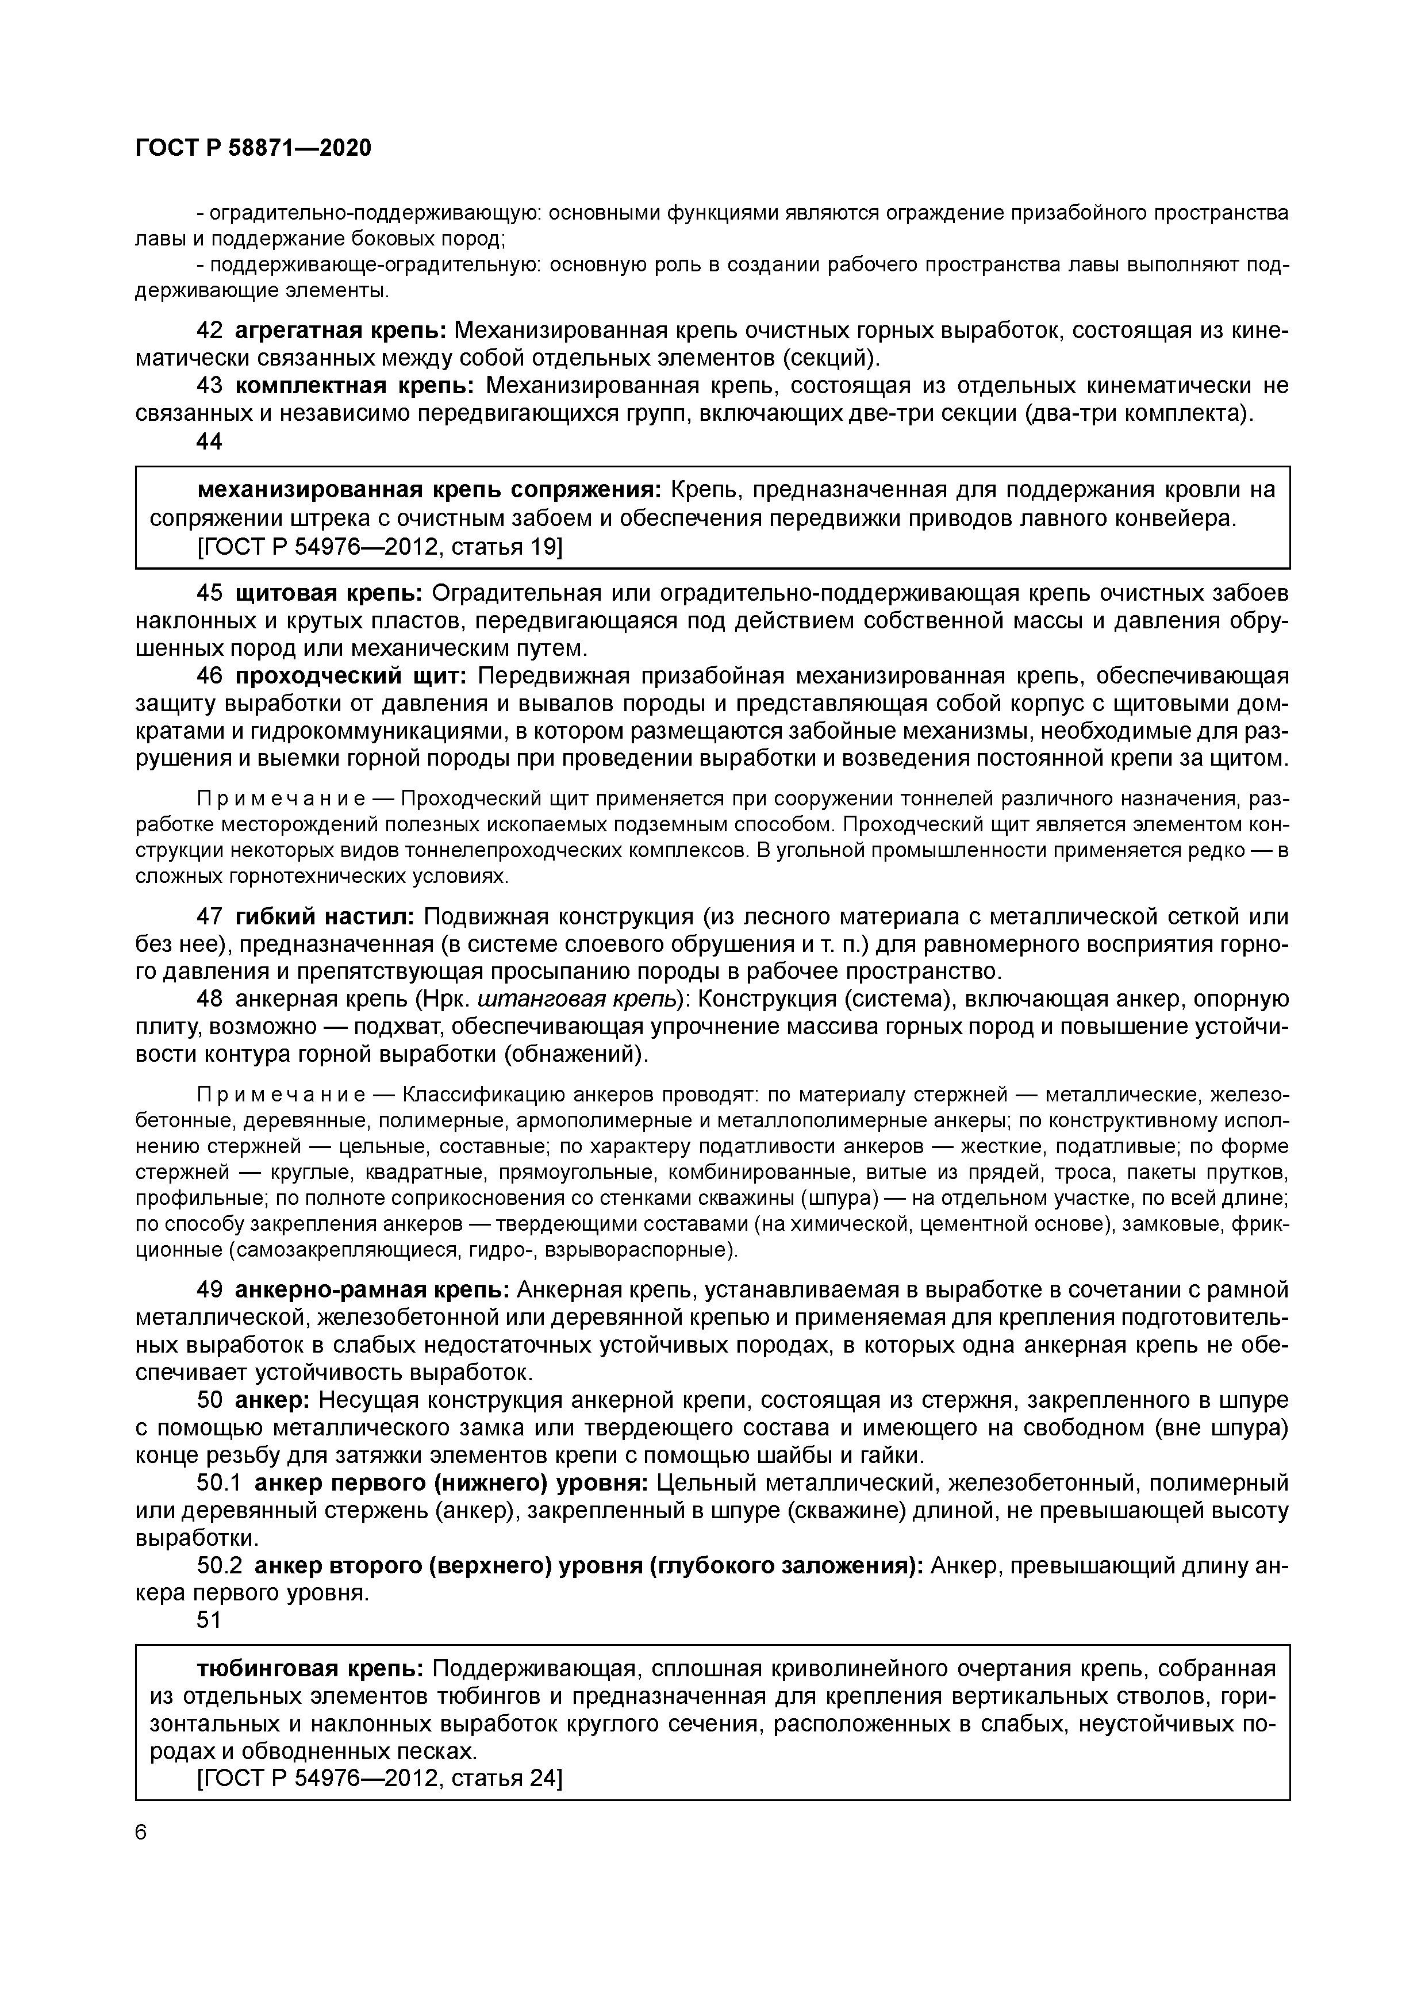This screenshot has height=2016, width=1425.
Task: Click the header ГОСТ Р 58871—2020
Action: [253, 148]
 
